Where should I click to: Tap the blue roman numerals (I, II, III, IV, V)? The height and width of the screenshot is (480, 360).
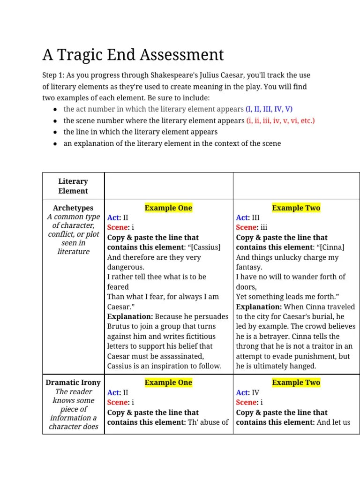click(x=269, y=109)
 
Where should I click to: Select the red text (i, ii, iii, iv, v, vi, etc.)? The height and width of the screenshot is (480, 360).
click(x=281, y=120)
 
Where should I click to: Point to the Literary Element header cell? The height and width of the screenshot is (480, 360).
click(x=73, y=186)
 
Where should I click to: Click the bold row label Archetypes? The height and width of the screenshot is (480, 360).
click(x=73, y=208)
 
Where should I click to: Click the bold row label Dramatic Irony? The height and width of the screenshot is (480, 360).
click(x=73, y=382)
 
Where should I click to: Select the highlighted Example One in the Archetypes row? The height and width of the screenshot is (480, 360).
click(x=168, y=208)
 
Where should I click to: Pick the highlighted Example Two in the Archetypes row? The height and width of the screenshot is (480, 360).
click(x=296, y=208)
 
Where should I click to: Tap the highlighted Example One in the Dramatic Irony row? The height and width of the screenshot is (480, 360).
click(x=168, y=382)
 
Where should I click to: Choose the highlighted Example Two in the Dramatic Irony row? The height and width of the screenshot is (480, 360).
click(x=296, y=382)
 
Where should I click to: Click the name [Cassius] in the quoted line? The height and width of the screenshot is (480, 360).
click(x=205, y=247)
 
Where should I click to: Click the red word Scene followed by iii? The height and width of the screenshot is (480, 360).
click(x=247, y=227)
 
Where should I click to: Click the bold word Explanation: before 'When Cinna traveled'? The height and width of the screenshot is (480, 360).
click(x=258, y=307)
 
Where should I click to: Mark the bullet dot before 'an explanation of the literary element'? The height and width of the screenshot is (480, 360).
click(x=55, y=143)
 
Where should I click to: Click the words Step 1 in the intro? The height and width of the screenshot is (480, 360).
click(x=53, y=75)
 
